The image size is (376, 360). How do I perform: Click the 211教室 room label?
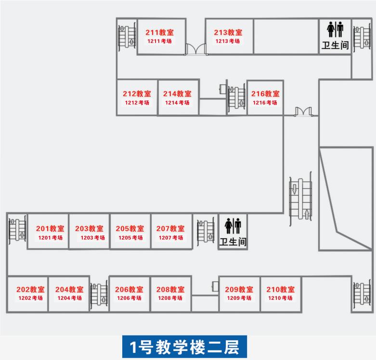pos(159,33)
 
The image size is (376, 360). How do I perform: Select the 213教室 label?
pos(228,33)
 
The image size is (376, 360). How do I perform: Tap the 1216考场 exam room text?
pos(265,103)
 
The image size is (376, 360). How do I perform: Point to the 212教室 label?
pos(137,94)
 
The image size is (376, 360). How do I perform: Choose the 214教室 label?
pos(177,94)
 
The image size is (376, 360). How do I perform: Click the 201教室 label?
pos(50,229)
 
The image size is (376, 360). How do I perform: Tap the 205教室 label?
pos(130,229)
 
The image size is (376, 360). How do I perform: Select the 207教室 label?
pos(170,229)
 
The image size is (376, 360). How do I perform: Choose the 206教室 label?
pos(129,289)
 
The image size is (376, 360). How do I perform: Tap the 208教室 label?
pos(170,289)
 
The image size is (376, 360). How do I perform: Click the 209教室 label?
pos(239,289)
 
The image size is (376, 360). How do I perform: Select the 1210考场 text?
pos(281,298)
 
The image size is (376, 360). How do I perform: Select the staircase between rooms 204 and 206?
pos(99,294)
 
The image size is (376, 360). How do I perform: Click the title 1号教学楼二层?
pos(184,347)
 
